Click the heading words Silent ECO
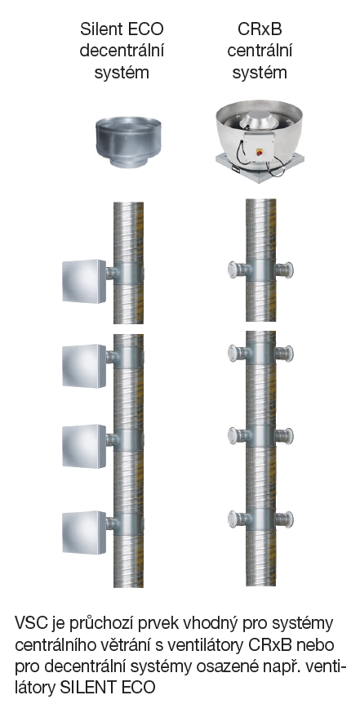click(122, 29)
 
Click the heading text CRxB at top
click(260, 29)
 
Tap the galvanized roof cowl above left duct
click(129, 143)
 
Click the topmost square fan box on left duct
click(84, 281)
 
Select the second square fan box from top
click(84, 366)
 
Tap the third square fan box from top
click(84, 446)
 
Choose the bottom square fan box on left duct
click(84, 532)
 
